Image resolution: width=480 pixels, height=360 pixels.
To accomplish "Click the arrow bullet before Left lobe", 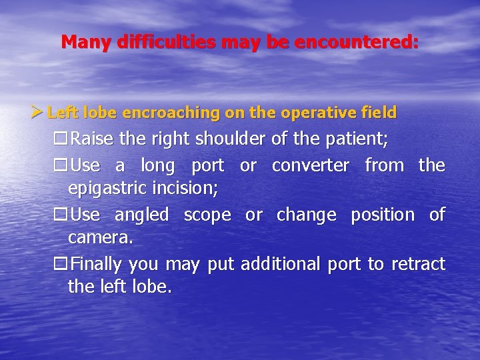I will pos(39,112).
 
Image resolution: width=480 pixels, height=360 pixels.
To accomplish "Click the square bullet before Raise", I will pos(61,140).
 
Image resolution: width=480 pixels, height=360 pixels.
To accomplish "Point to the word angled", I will pos(142,215).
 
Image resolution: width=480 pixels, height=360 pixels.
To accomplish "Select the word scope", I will pos(207,215).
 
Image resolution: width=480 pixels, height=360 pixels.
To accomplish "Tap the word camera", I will pos(100,239).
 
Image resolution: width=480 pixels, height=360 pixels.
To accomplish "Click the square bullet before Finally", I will pos(61,265).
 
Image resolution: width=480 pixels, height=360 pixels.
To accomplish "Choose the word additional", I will pos(281,265).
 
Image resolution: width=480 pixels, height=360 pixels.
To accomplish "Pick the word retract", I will pos(418,265).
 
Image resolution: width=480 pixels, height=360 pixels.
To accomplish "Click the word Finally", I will pos(97,265).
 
